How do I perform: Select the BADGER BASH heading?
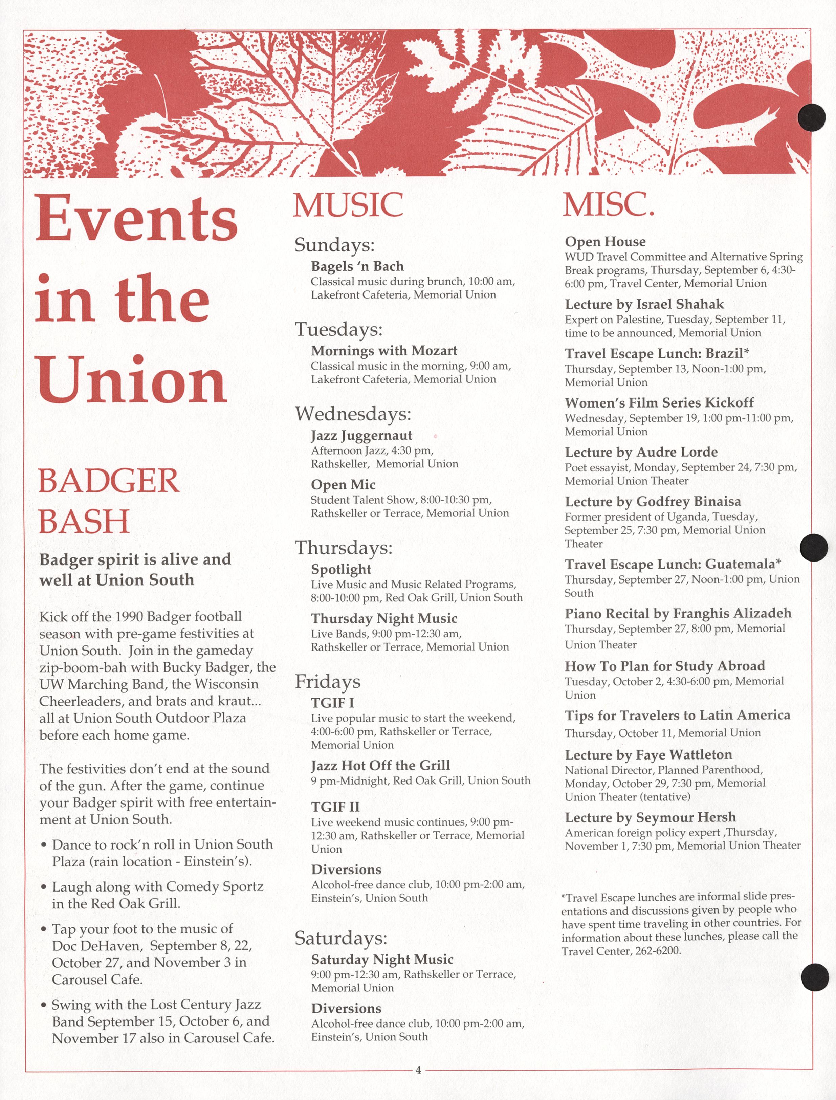click(109, 501)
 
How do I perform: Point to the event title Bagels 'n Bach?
click(357, 266)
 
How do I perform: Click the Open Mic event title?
click(343, 485)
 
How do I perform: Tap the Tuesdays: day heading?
click(338, 329)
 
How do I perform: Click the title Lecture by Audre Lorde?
click(641, 452)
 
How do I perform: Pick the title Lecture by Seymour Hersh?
click(650, 817)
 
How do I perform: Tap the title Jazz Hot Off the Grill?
click(380, 765)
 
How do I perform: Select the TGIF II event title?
click(335, 807)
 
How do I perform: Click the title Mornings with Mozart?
click(384, 351)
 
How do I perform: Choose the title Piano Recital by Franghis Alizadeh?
click(678, 613)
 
